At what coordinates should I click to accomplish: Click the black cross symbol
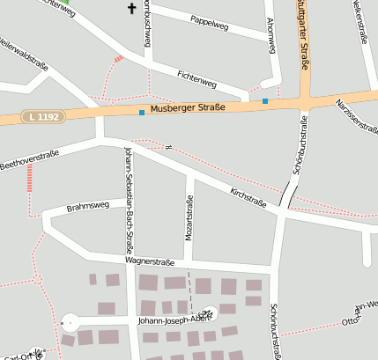pyautogui.click(x=133, y=9)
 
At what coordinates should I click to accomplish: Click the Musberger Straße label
pyautogui.click(x=188, y=108)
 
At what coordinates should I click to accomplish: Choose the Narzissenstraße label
pyautogui.click(x=356, y=115)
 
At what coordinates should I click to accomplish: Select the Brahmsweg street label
pyautogui.click(x=88, y=207)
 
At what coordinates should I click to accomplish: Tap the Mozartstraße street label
pyautogui.click(x=189, y=217)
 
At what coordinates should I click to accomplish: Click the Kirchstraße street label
pyautogui.click(x=248, y=195)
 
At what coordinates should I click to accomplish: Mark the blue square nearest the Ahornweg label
pyautogui.click(x=265, y=101)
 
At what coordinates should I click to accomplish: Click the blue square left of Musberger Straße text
pyautogui.click(x=141, y=112)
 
